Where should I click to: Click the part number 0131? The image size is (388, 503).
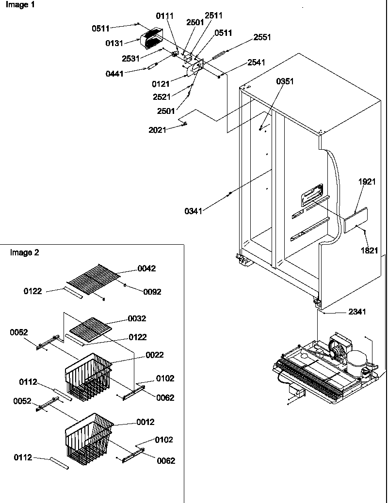(x=114, y=44)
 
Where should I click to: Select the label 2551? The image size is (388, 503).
(x=261, y=37)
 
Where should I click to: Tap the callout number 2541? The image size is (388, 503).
(x=257, y=62)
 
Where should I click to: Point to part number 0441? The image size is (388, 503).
(x=114, y=74)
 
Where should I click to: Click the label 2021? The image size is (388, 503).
(x=158, y=130)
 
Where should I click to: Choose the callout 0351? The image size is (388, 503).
(x=285, y=81)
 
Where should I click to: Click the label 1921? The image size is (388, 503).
(x=367, y=183)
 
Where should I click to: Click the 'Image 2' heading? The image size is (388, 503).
(x=25, y=252)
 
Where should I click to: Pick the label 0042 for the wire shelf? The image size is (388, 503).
(x=146, y=268)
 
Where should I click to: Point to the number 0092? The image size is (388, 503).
(x=151, y=292)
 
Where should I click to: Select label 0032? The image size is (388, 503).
(x=136, y=318)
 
